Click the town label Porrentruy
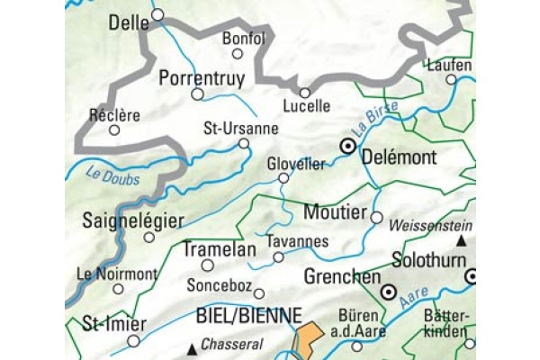click(x=202, y=77)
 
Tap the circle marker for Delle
click(x=158, y=14)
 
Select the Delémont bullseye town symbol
click(x=346, y=145)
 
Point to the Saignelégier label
click(x=132, y=220)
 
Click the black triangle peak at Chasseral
click(x=192, y=347)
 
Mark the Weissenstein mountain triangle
click(x=462, y=241)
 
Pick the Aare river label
click(x=414, y=301)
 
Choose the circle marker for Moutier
click(x=377, y=217)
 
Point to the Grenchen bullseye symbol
click(x=389, y=292)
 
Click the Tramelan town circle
click(x=207, y=265)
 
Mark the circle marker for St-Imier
click(x=134, y=340)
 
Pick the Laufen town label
click(x=450, y=65)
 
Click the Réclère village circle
click(x=113, y=130)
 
